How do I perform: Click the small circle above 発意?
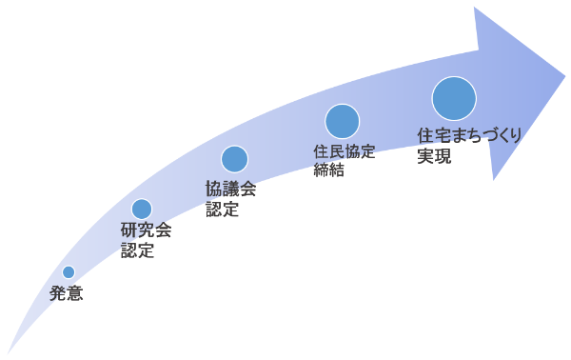pos(69,272)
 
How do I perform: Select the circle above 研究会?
pos(142,209)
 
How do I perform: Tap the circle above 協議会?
pos(234,159)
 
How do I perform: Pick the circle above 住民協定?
pos(343,122)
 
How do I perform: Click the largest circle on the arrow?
pos(454,99)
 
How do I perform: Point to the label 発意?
pos(67,294)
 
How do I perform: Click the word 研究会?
pos(146,231)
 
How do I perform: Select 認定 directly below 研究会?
pos(137,251)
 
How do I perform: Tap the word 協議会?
pos(230,189)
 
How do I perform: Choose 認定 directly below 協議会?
pos(222,210)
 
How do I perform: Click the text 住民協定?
pos(345,151)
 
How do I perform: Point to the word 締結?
pos(328,171)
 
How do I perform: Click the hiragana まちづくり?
pos(486,136)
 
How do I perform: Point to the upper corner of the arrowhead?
pos(475,8)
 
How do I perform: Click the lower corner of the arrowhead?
pos(493,179)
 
